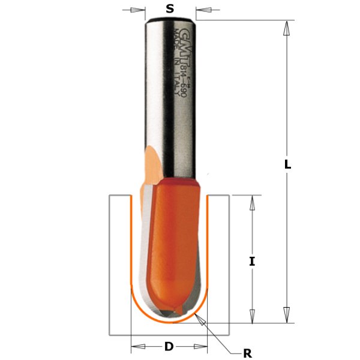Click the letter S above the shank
(x=170, y=9)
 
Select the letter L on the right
(x=287, y=164)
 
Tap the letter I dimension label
(x=252, y=261)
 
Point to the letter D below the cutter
(x=169, y=346)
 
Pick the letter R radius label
(x=247, y=353)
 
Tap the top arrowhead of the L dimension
(x=287, y=27)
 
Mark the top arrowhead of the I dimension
(x=252, y=202)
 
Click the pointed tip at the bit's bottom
(x=170, y=313)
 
